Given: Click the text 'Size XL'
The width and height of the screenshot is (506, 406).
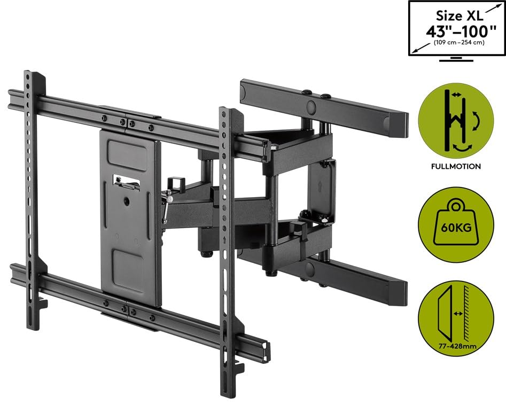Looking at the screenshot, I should coord(456,15).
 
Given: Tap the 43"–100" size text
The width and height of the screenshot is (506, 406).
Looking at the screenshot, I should coord(456,30).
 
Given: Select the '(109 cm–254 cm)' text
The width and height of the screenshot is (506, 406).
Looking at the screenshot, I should coord(456,43).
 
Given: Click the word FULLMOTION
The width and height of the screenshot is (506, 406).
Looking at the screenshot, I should coord(456,166).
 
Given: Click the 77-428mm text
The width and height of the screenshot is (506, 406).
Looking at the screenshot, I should coord(456,346).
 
